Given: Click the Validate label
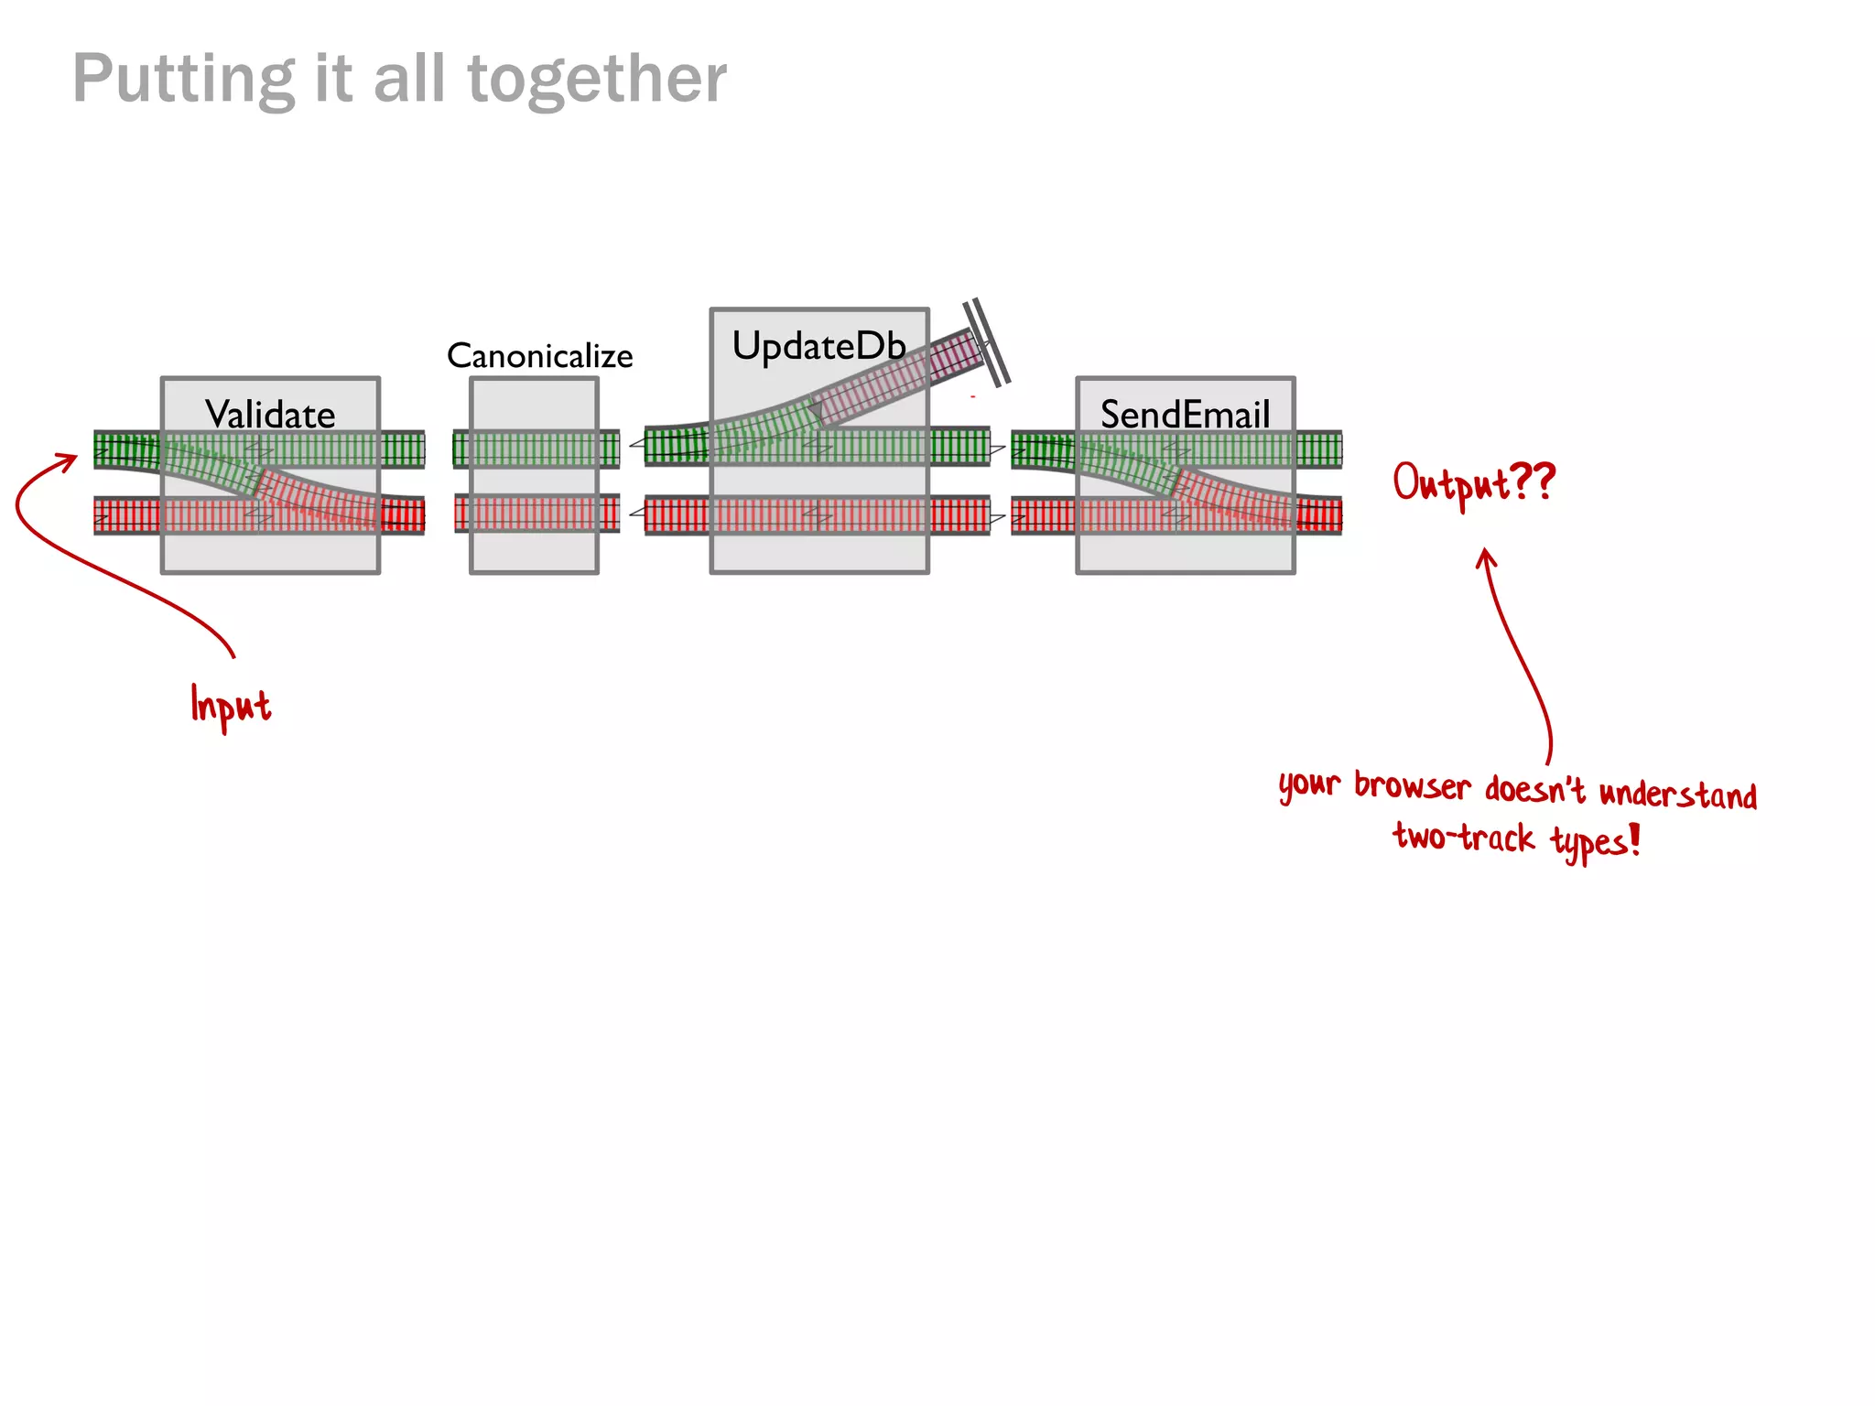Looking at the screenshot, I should coord(270,415).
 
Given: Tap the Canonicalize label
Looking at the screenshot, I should coord(539,356).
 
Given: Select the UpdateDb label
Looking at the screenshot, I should coord(818,346).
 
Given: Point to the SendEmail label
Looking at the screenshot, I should coord(1185,415).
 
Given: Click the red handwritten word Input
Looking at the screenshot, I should coord(230,706).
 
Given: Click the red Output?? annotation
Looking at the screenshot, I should coord(1473,482).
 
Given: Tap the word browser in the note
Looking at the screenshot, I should coord(1412,786).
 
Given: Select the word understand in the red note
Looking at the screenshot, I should coord(1677,794).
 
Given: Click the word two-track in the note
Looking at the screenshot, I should coord(1463,837).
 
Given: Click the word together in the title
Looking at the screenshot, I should coord(597,80).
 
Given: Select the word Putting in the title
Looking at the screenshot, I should coord(183,80).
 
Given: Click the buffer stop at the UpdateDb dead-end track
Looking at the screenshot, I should coord(987,341).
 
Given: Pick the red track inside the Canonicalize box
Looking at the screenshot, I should coord(534,514).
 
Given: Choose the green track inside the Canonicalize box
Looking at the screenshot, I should coord(534,449).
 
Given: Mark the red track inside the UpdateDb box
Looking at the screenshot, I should coord(818,515).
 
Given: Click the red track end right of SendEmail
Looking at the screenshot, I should coord(1319,515).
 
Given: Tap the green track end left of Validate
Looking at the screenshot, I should coord(126,449).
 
